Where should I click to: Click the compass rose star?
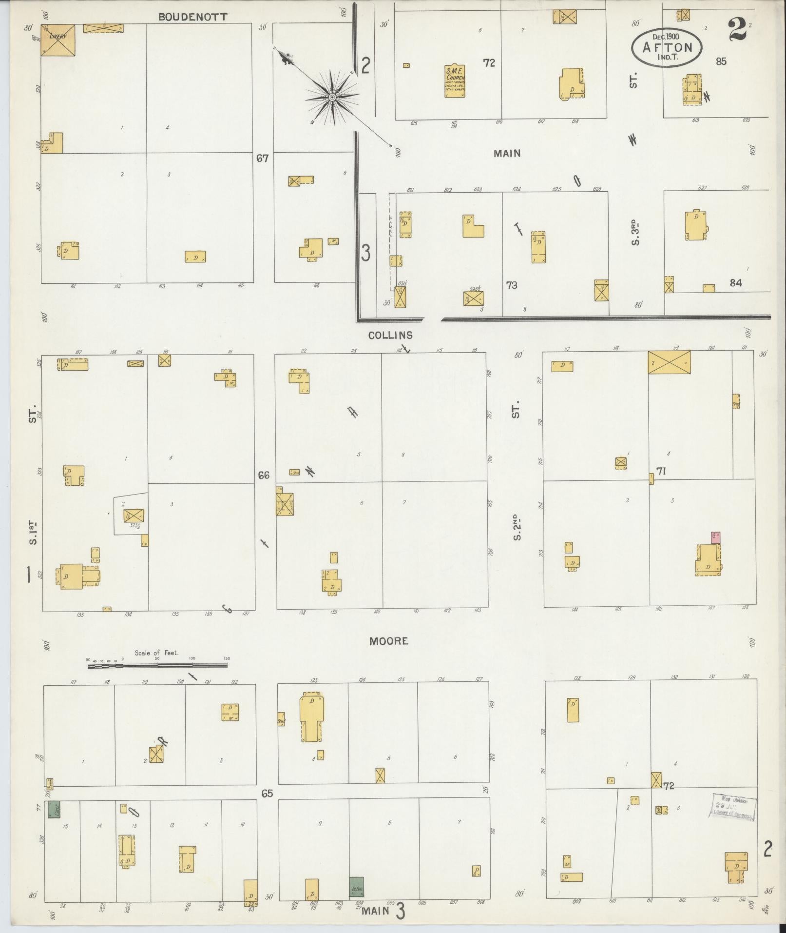click(332, 98)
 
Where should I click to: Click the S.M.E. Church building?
click(455, 80)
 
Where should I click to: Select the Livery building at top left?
click(58, 39)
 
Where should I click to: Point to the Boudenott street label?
click(192, 17)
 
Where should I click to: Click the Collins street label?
click(390, 336)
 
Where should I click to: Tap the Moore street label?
click(388, 641)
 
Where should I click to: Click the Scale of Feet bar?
click(157, 665)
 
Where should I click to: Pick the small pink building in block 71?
click(715, 537)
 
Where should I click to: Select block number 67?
click(262, 158)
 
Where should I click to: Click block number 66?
click(264, 475)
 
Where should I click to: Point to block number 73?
click(511, 285)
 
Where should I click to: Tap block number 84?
click(735, 282)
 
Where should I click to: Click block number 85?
click(721, 61)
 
